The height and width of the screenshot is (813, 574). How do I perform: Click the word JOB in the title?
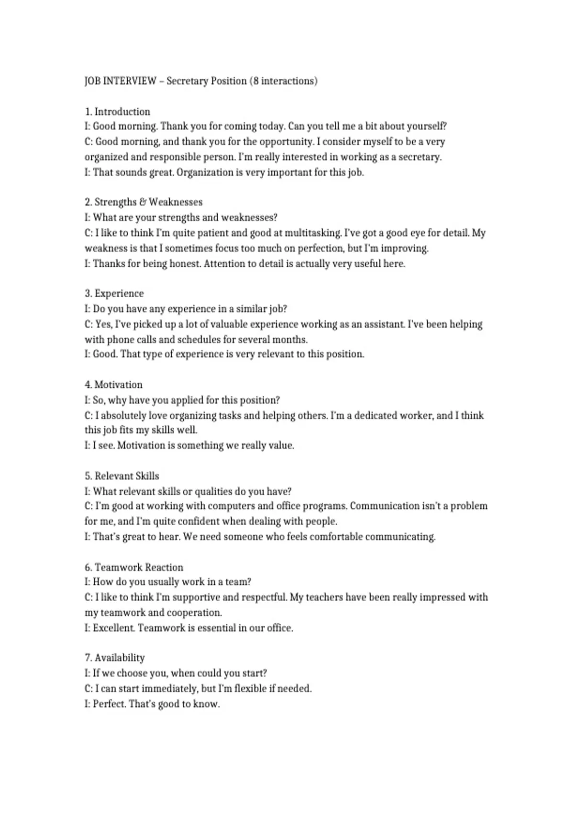pos(92,81)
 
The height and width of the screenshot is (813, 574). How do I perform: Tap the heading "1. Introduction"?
pos(118,111)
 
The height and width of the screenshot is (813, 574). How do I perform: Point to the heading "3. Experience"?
pos(114,293)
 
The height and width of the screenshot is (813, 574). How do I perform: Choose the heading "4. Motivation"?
pos(114,385)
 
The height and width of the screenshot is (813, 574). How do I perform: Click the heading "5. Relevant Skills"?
pos(122,476)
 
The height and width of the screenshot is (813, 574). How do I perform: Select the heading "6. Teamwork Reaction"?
pos(134,567)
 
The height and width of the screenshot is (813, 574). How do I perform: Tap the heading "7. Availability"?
pos(115,658)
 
